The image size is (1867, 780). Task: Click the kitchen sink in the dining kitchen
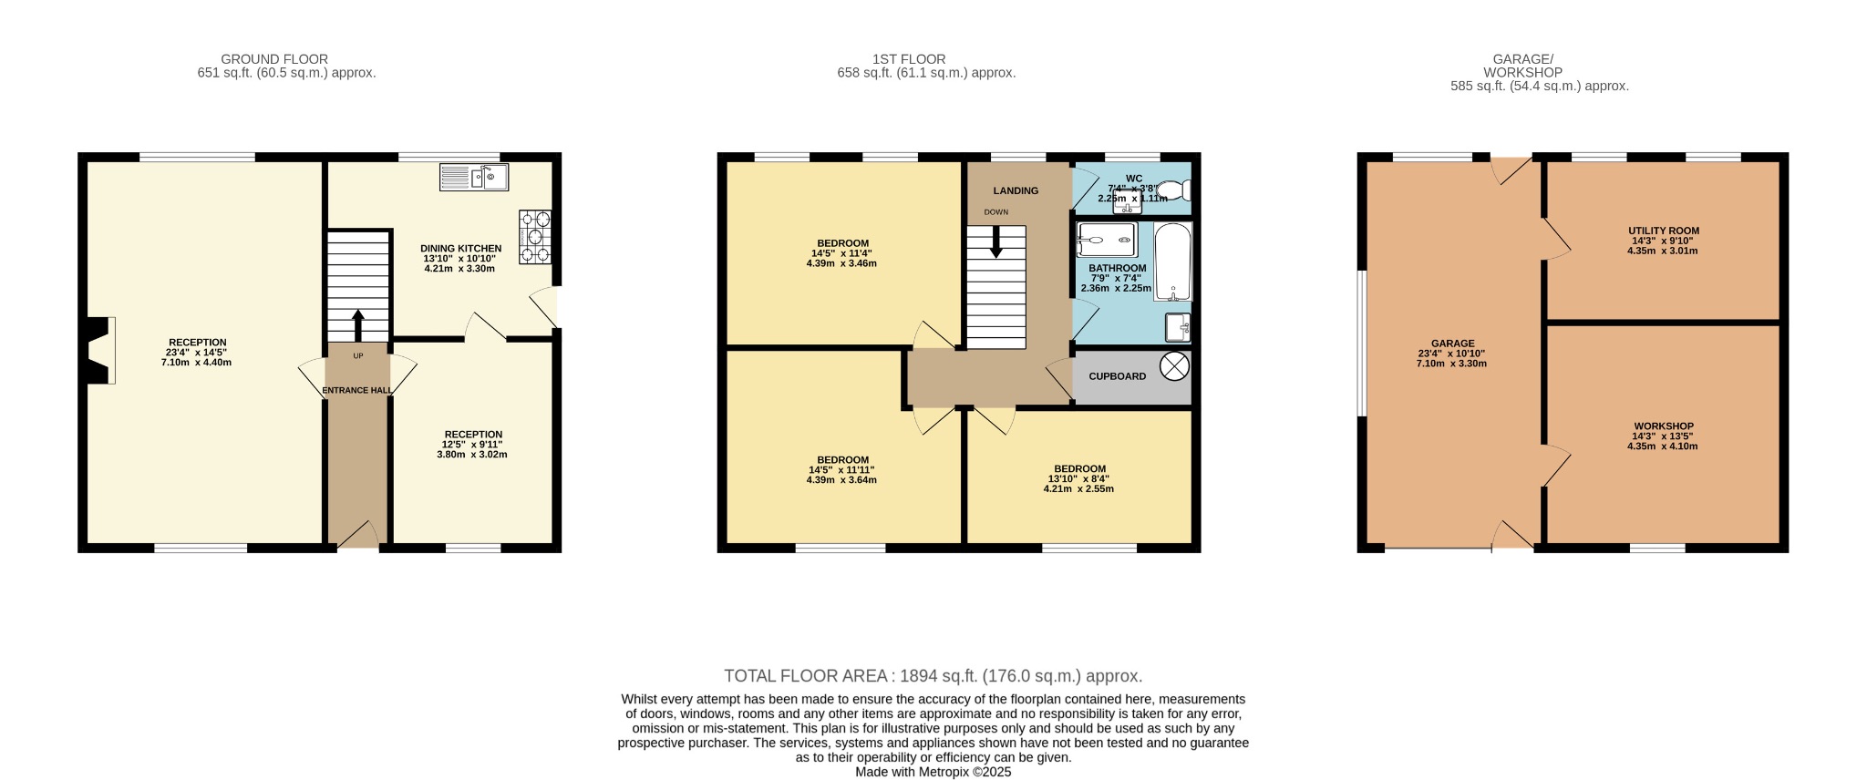(474, 177)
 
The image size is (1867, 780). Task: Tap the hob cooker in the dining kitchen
(535, 237)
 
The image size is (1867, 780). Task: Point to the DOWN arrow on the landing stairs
(995, 241)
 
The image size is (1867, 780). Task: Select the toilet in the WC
(1179, 190)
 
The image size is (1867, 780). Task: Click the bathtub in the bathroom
(1173, 262)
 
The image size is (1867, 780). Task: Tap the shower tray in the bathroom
(1106, 240)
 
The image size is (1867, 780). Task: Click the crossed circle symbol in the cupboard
(1175, 366)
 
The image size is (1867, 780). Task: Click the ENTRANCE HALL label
(357, 390)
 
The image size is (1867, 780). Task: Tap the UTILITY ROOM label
(1664, 231)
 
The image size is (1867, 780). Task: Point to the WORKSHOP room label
(1664, 426)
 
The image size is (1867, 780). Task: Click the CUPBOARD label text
(1118, 376)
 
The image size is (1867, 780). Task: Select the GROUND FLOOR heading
(274, 59)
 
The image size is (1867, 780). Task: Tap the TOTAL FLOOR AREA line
(933, 676)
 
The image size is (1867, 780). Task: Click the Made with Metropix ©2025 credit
(933, 772)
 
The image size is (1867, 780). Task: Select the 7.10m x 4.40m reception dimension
(197, 363)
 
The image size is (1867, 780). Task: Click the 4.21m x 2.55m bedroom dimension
(1079, 488)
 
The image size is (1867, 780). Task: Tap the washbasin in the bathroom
(1177, 326)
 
